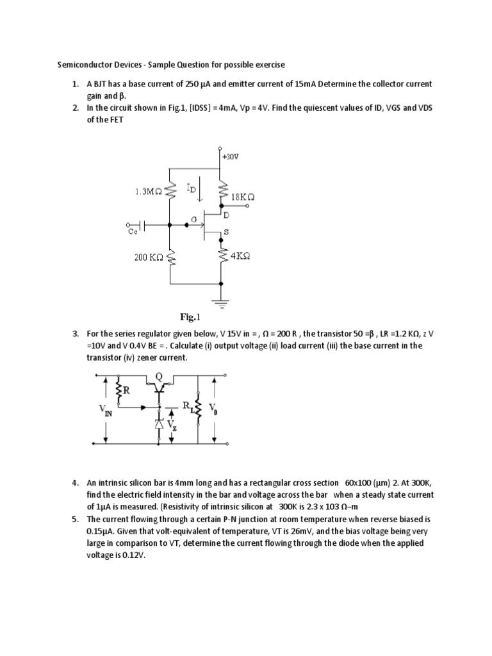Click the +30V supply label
230,156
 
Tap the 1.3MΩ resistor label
149,191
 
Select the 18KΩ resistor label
243,198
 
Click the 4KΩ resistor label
240,255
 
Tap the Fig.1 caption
190,316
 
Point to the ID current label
192,188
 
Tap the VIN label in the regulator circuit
104,411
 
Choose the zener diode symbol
159,424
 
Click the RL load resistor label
187,406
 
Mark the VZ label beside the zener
172,424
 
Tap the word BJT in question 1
103,84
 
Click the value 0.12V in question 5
133,556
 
